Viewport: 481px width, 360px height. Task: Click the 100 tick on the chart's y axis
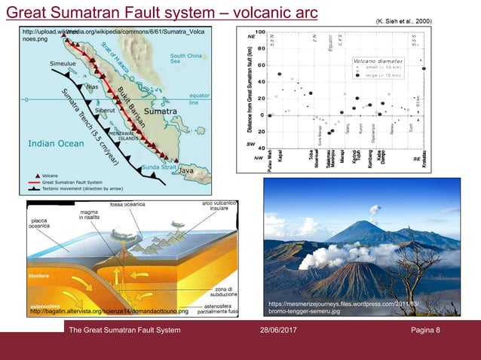click(x=259, y=32)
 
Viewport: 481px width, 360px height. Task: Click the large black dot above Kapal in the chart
click(x=280, y=75)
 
